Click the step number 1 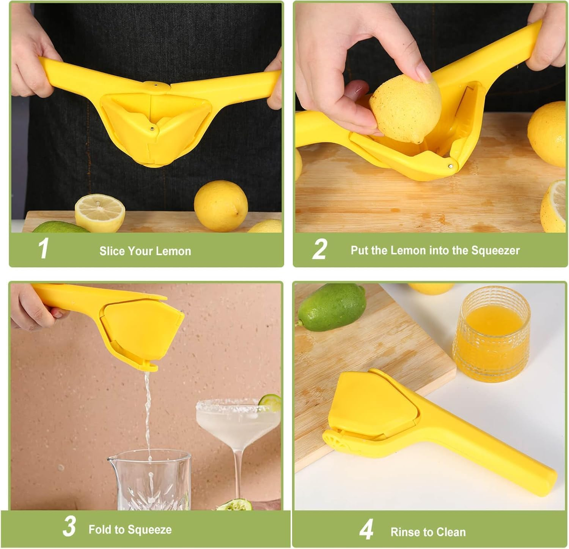pos(44,249)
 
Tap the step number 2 pos(319,249)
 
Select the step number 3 pos(69,527)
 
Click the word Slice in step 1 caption pos(112,251)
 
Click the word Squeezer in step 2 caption pos(495,251)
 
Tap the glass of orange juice pos(492,334)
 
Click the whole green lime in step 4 pos(332,307)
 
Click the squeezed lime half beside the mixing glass pos(235,505)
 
